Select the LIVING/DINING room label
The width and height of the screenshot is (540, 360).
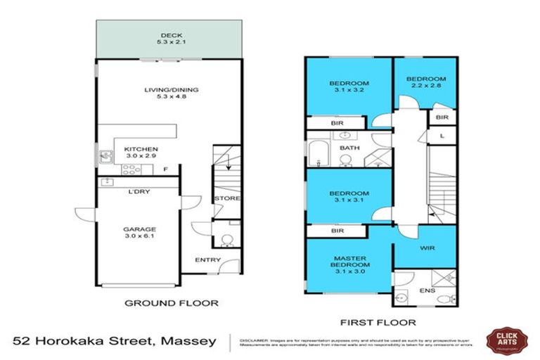[171, 89]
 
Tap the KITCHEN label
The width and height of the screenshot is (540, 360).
[141, 149]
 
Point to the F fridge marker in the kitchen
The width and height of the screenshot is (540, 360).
[165, 169]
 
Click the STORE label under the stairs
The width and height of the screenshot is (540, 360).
[227, 198]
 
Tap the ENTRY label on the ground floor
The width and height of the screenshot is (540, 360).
[209, 259]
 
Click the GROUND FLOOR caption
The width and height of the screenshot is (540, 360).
[171, 303]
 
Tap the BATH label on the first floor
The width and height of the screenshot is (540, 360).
[349, 148]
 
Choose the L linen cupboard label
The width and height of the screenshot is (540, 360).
[441, 135]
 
